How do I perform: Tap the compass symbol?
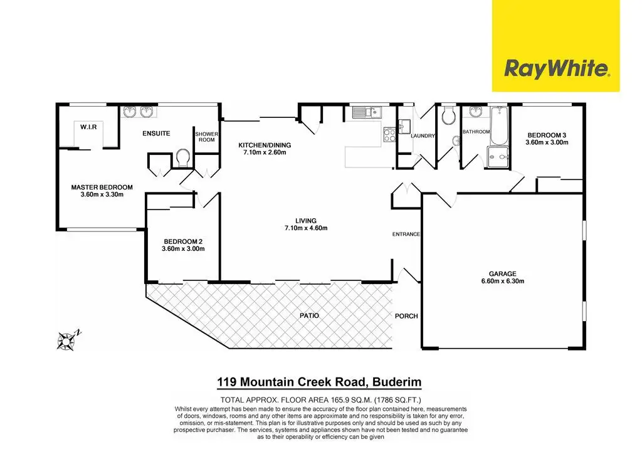coord(66,339)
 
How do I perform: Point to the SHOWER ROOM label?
coord(206,137)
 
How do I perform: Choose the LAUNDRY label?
coord(423,136)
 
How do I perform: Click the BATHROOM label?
coord(476,132)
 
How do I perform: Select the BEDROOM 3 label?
coord(547,135)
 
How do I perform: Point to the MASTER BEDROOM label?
coord(102,187)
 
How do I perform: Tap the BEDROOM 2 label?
coord(183,241)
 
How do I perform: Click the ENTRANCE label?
coord(406,235)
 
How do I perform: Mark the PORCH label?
coord(406,316)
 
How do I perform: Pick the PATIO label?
coord(309,315)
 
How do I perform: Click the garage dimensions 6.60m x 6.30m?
coord(503,282)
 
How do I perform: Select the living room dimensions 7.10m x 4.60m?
coord(306,228)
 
